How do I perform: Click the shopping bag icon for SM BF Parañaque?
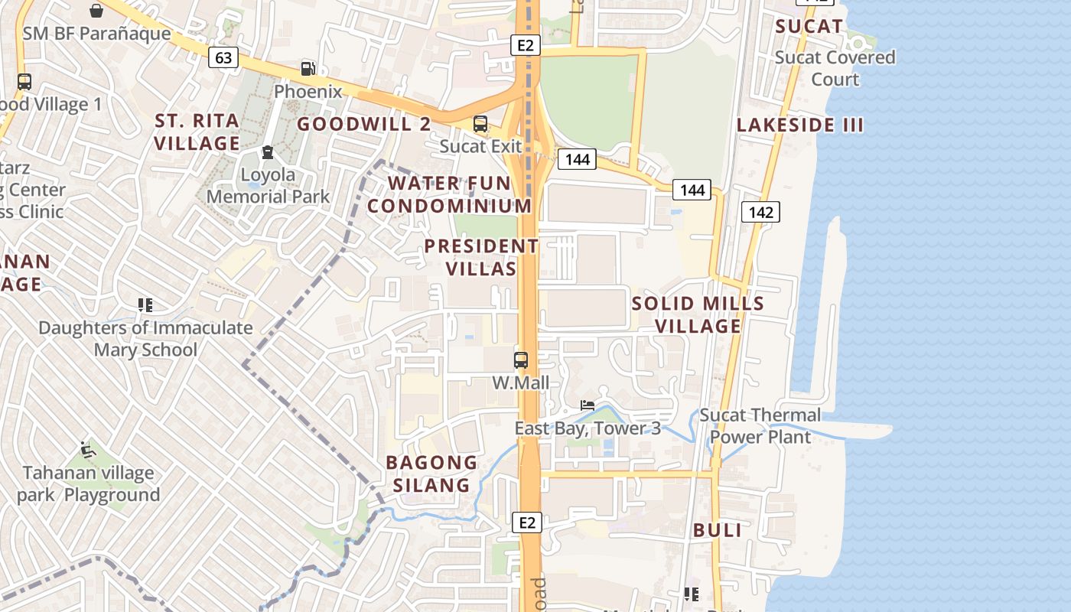click(96, 11)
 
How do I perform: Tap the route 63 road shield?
click(223, 57)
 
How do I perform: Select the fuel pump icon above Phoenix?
click(308, 69)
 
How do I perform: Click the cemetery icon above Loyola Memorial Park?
click(268, 153)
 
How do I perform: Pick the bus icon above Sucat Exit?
click(480, 124)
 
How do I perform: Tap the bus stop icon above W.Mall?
click(521, 360)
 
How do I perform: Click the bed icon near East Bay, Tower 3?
click(588, 405)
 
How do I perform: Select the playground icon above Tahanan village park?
click(88, 450)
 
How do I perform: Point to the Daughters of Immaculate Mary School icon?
click(145, 305)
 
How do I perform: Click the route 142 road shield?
click(760, 212)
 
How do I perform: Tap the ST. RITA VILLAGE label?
click(197, 132)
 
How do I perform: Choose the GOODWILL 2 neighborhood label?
click(363, 124)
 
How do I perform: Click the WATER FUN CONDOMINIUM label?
click(449, 194)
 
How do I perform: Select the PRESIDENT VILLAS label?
click(481, 257)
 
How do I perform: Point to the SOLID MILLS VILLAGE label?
click(698, 314)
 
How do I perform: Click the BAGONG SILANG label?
click(431, 474)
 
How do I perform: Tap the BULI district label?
click(717, 530)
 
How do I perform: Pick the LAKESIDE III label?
click(799, 125)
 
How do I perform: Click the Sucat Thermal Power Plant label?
click(760, 426)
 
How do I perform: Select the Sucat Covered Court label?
click(835, 68)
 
